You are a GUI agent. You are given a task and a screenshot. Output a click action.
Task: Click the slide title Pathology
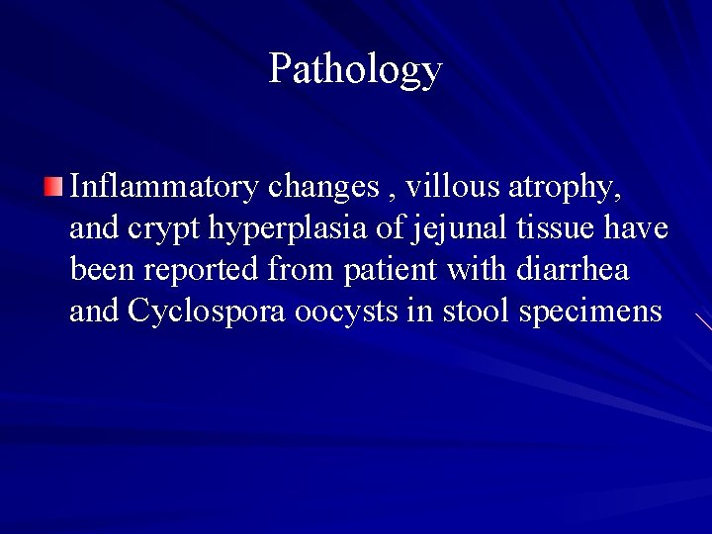click(x=355, y=69)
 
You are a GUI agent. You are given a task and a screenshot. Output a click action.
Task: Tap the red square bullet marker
click(x=53, y=185)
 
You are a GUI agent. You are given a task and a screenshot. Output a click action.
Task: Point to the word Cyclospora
click(x=208, y=312)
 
